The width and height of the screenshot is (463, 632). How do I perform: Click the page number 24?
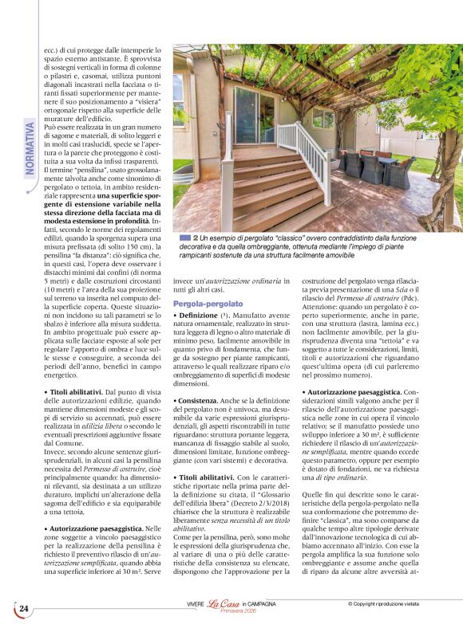(x=24, y=609)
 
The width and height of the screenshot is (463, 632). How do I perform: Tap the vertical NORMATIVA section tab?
(x=30, y=147)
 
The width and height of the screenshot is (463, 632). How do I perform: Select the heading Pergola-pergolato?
(x=208, y=304)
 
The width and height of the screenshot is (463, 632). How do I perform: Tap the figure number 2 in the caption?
(x=196, y=237)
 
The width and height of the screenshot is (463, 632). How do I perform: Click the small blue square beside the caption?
(x=185, y=237)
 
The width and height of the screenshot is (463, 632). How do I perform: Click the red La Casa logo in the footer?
(x=224, y=606)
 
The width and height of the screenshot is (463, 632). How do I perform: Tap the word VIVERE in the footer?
(x=196, y=605)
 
